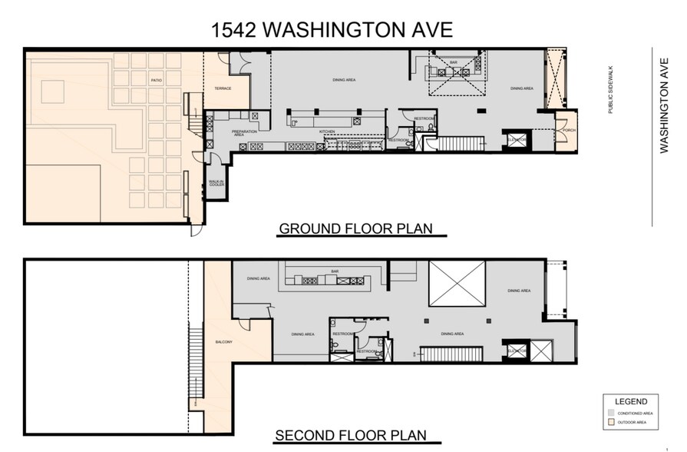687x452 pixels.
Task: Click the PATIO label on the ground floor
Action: (x=156, y=78)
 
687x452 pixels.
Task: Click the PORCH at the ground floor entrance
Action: (x=567, y=130)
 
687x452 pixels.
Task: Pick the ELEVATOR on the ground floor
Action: (x=516, y=139)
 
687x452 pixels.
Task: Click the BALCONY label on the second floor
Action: (x=225, y=342)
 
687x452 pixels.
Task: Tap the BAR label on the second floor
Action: (x=335, y=271)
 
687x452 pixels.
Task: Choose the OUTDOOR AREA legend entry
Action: (x=633, y=422)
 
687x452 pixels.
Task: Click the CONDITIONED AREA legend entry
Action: (x=634, y=414)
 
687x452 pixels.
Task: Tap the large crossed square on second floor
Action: (x=457, y=281)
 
